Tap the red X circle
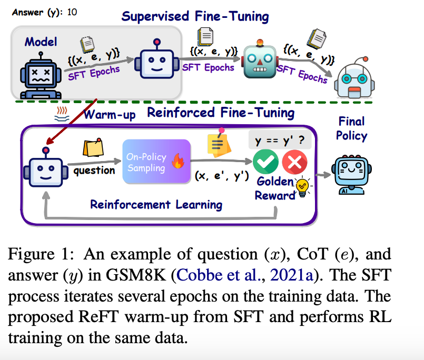[x=294, y=162]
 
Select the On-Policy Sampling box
[x=155, y=162]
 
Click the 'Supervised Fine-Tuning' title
[x=195, y=16]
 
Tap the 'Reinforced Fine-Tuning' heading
[x=221, y=112]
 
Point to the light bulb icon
[x=303, y=187]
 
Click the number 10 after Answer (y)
[x=72, y=12]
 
